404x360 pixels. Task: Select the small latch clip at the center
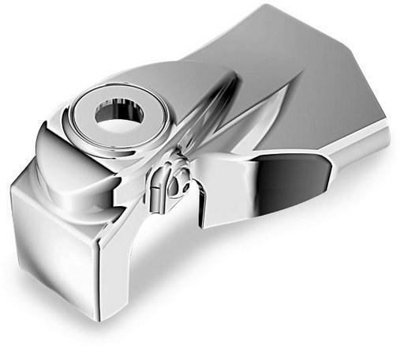(x=166, y=186)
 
